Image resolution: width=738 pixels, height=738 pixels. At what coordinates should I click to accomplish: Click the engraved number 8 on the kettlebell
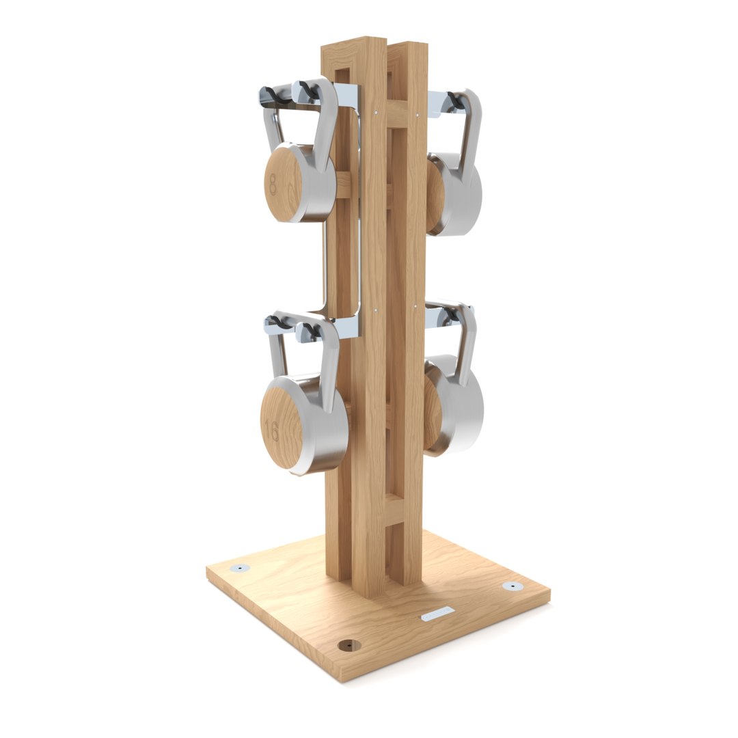273,184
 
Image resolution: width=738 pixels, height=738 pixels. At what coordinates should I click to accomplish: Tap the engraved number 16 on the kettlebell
272,430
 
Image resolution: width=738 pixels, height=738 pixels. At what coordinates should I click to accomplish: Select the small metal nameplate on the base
437,613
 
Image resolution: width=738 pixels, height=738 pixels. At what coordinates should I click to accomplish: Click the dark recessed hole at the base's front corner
349,645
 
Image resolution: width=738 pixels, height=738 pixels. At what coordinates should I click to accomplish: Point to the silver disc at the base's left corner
240,568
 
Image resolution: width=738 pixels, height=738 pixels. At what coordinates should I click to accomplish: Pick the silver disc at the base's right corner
512,586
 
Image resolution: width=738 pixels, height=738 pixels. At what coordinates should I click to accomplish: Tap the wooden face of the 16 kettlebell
282,428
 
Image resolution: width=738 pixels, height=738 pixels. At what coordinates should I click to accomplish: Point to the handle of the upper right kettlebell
470,130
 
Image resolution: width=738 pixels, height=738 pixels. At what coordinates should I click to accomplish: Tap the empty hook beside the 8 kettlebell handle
277,96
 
